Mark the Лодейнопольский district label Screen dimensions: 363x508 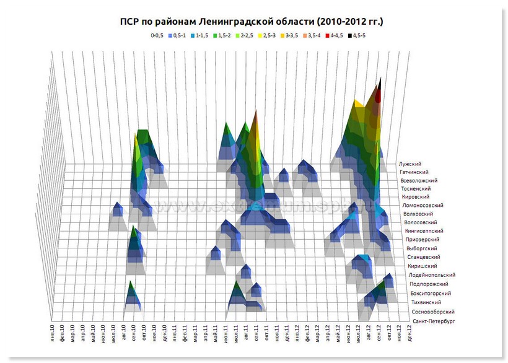click(x=432, y=274)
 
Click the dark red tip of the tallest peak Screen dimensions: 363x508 click(x=379, y=96)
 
